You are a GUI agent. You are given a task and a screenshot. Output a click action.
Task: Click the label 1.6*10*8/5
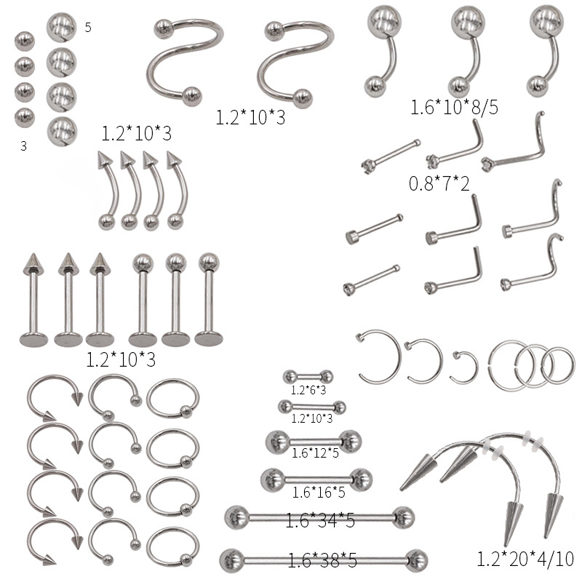point(454,107)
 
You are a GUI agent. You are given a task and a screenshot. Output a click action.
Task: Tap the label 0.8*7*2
point(439,183)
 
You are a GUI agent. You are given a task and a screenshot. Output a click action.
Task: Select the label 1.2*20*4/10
point(525,559)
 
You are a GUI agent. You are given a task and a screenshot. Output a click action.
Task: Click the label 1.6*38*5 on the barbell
point(322,560)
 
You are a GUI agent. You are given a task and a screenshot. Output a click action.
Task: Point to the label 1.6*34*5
point(320,519)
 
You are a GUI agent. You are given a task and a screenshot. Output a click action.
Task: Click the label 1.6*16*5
point(319,493)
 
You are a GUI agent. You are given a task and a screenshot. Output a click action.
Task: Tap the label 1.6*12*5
point(315,453)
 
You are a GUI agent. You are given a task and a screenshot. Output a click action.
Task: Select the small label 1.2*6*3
point(308,390)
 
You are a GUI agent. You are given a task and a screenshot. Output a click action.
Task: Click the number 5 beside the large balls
point(88,27)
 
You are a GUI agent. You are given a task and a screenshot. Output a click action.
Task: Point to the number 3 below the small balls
point(23,146)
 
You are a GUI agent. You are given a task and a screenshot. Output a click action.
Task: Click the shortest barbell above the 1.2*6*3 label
point(308,377)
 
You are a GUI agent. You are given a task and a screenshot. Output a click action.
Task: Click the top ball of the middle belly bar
point(468,22)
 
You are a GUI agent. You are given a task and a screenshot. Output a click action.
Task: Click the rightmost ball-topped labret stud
point(209,300)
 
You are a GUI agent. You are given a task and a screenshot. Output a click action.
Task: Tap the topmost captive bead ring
point(173,398)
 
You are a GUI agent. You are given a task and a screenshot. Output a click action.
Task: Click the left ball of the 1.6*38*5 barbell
point(231,560)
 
